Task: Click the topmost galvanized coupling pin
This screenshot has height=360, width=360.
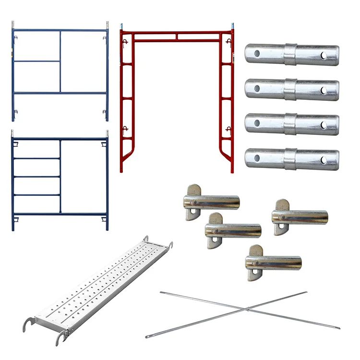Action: pos(291,55)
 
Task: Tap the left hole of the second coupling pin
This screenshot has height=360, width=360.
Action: pos(257,89)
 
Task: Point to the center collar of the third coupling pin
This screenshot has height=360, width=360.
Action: pos(290,124)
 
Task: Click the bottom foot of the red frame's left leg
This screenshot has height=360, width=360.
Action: pos(121,169)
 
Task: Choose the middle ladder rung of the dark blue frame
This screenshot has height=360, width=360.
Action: pos(36,177)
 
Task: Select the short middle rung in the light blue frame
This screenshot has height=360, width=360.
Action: pos(36,61)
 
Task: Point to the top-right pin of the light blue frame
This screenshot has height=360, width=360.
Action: pos(107,24)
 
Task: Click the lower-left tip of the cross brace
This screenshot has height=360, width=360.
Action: pos(147,337)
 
